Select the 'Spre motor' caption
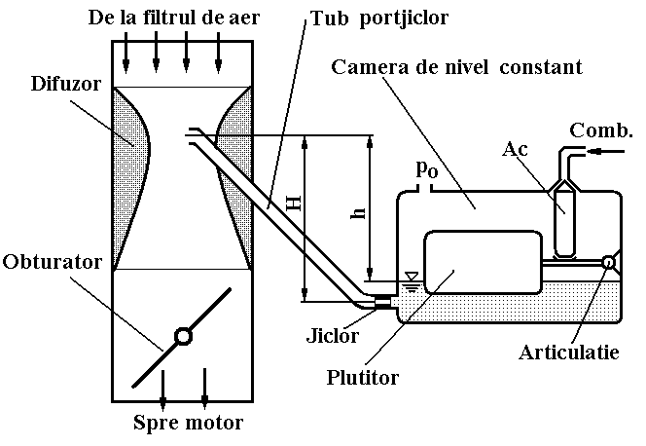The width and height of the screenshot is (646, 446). click(188, 423)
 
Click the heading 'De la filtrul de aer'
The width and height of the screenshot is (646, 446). click(172, 18)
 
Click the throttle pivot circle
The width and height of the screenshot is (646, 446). click(182, 337)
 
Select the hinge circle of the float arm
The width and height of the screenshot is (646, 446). click(609, 262)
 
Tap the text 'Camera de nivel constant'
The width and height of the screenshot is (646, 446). click(456, 68)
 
